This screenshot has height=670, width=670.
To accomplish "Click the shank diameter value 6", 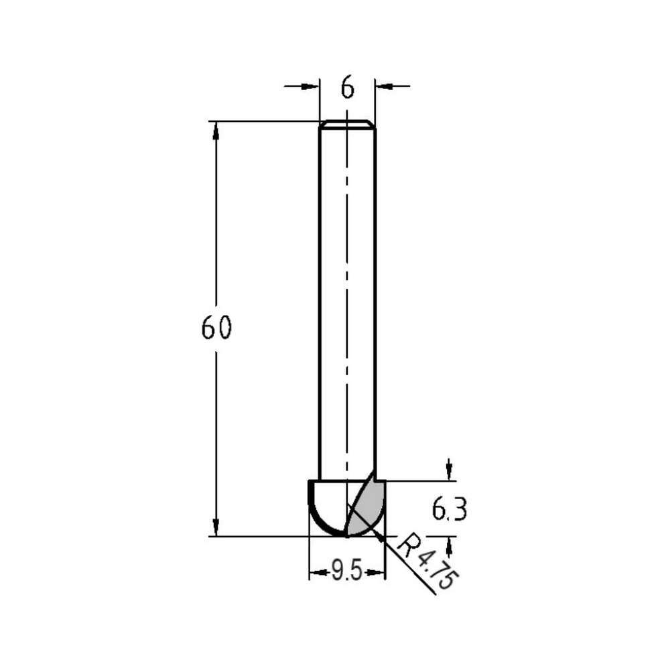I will (347, 88).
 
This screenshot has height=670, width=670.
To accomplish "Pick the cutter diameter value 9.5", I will (347, 573).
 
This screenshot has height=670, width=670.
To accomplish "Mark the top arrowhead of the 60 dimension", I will (216, 130).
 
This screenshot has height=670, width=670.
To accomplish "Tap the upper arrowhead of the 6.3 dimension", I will (449, 472).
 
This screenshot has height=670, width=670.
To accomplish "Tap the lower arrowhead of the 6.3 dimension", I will (449, 545).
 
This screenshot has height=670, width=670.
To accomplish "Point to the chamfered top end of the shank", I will (347, 124).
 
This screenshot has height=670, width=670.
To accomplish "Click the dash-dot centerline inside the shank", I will (347, 301).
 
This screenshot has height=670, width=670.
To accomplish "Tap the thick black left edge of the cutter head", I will (310, 499).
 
